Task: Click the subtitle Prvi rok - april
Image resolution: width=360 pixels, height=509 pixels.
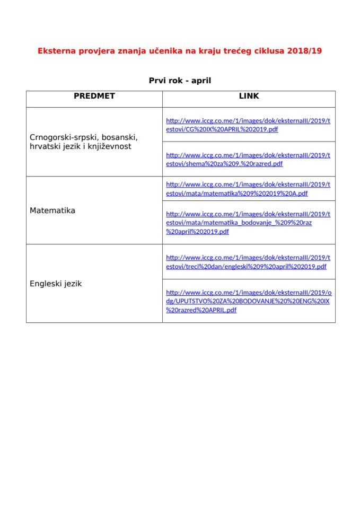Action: pyautogui.click(x=180, y=81)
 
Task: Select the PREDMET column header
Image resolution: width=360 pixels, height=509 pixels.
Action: pyautogui.click(x=94, y=96)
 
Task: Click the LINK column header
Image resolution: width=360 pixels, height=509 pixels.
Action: pyautogui.click(x=249, y=96)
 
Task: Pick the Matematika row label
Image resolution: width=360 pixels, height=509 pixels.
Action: pyautogui.click(x=52, y=210)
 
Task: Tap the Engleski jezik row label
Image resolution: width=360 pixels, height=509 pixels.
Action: pyautogui.click(x=56, y=284)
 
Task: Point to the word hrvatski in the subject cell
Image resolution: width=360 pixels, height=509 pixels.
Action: pyautogui.click(x=46, y=146)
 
